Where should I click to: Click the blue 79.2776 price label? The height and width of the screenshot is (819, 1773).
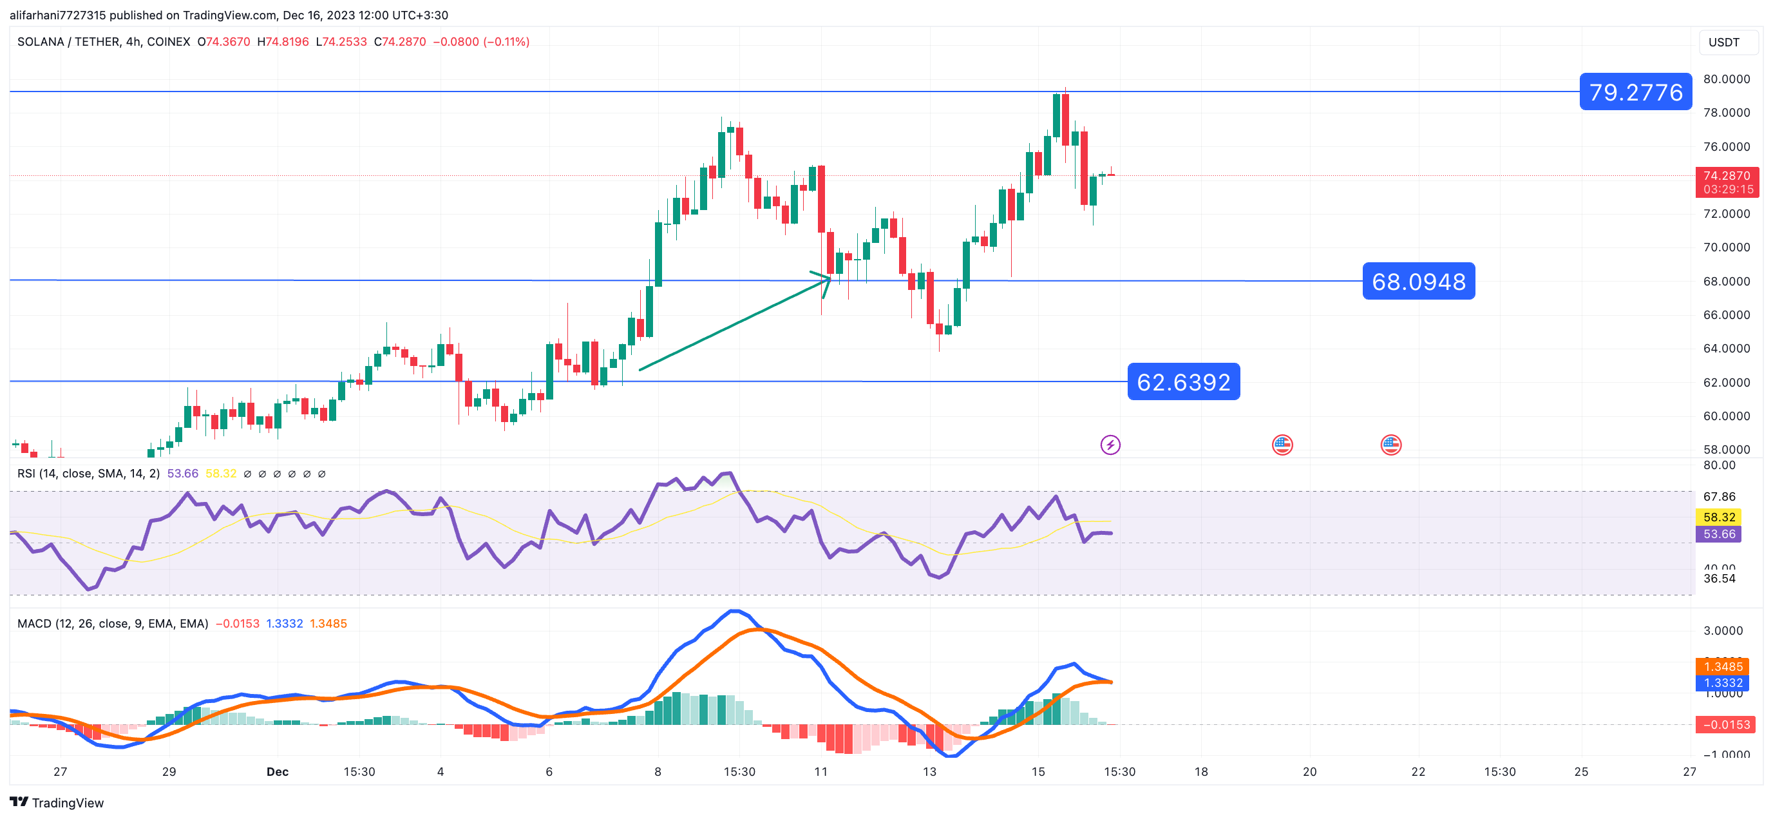tap(1635, 92)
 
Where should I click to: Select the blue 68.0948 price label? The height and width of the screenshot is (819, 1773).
tap(1418, 281)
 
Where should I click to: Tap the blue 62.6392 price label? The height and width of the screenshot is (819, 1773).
tap(1183, 381)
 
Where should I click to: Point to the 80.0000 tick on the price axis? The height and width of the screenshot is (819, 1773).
tap(1725, 79)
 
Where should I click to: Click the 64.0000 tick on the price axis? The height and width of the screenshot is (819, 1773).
tap(1725, 349)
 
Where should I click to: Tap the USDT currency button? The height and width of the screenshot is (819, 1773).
tap(1723, 42)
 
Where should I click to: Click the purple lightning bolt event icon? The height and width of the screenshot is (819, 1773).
tap(1110, 445)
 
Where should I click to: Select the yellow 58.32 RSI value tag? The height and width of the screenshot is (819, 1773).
tap(1718, 517)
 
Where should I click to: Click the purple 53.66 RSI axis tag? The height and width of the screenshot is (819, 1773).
tap(1718, 534)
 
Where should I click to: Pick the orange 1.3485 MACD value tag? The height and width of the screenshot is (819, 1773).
tap(1723, 666)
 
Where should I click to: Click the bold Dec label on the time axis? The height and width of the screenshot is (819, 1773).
tap(278, 771)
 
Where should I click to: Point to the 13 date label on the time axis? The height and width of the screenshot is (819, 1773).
tap(929, 771)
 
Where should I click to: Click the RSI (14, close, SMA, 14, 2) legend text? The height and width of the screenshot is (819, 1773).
tap(88, 474)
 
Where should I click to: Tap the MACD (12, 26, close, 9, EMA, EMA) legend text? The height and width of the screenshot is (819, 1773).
tap(112, 623)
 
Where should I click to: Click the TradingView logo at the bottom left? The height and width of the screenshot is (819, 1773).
tap(57, 802)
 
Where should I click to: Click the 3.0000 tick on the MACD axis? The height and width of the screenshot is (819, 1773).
tap(1723, 631)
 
